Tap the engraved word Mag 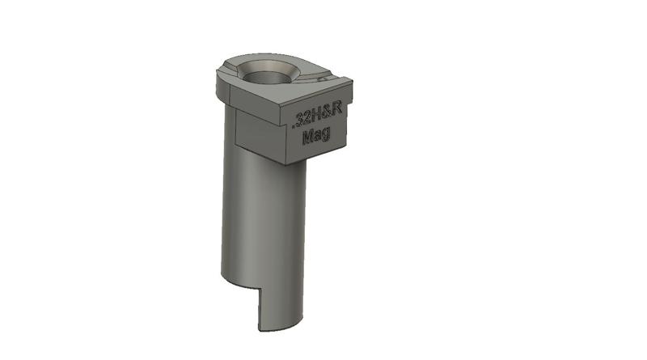pos(315,138)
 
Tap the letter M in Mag pos(307,138)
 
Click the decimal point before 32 pos(293,125)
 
